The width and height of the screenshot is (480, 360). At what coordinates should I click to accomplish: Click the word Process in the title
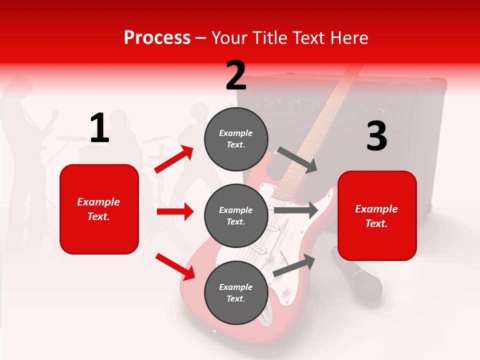click(x=157, y=37)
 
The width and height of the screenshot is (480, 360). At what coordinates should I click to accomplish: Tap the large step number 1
click(x=99, y=128)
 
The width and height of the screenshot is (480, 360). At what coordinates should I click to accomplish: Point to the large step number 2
click(x=236, y=75)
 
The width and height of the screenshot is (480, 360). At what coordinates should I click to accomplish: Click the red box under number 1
click(x=99, y=209)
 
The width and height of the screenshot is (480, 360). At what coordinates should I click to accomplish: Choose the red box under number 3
click(x=377, y=215)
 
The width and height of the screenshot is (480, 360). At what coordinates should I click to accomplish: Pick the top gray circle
click(x=236, y=138)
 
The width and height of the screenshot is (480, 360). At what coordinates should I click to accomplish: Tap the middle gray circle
click(x=236, y=215)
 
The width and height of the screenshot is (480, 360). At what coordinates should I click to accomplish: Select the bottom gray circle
click(x=236, y=292)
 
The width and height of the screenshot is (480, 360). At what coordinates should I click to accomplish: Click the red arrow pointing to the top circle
click(x=174, y=159)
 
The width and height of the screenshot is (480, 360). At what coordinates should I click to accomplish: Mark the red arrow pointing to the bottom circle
click(x=175, y=266)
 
